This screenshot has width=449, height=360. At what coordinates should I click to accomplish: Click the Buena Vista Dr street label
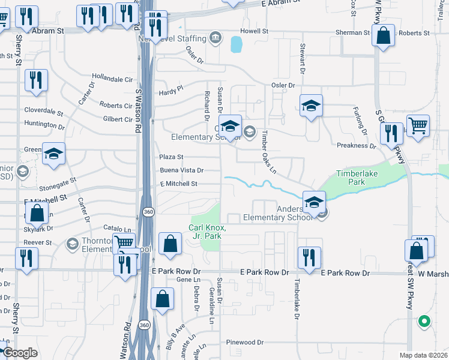click(182, 170)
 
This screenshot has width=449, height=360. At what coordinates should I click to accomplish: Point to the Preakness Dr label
click(356, 145)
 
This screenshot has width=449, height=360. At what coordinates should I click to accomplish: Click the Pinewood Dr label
click(245, 342)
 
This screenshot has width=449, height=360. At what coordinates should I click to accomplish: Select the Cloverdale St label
click(44, 111)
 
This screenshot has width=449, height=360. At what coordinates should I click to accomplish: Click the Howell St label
click(254, 31)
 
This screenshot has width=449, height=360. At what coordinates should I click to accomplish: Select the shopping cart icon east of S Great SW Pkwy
click(418, 127)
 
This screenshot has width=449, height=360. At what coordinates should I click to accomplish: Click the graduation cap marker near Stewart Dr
click(311, 106)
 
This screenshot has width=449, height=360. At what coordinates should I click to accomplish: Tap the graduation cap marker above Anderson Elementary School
click(314, 203)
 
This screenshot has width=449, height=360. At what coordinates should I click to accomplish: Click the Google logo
click(20, 353)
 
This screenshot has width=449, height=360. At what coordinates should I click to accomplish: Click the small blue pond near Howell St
click(236, 43)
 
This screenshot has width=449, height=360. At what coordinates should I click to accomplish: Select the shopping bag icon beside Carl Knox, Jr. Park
click(171, 244)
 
